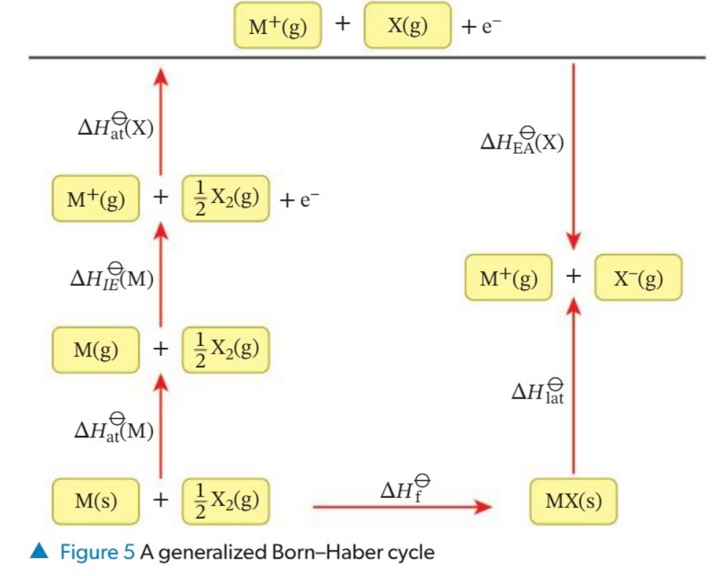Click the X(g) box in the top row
[x=408, y=26]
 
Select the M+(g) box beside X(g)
[x=278, y=27]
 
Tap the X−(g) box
[x=638, y=277]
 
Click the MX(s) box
[x=573, y=500]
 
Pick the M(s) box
[x=96, y=500]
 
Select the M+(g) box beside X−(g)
[x=509, y=277]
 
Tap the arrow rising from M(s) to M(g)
[x=161, y=426]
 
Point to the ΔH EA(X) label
[x=522, y=140]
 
